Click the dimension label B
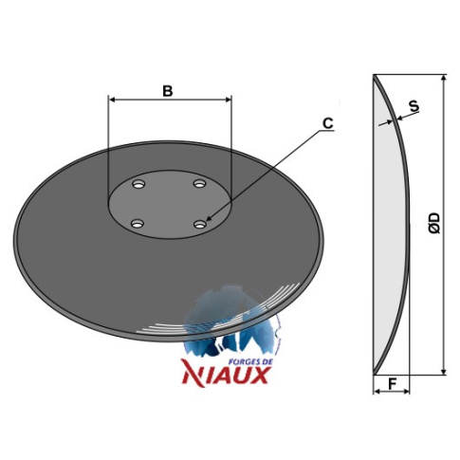click(x=168, y=91)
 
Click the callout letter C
click(x=328, y=123)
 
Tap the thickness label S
click(x=414, y=106)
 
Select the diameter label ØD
click(x=434, y=223)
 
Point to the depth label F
click(x=392, y=384)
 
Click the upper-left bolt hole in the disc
click(x=138, y=184)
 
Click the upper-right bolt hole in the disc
click(x=199, y=183)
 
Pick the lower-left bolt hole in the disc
click(x=138, y=224)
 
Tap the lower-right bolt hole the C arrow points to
click(x=200, y=224)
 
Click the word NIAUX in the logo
click(x=226, y=376)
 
